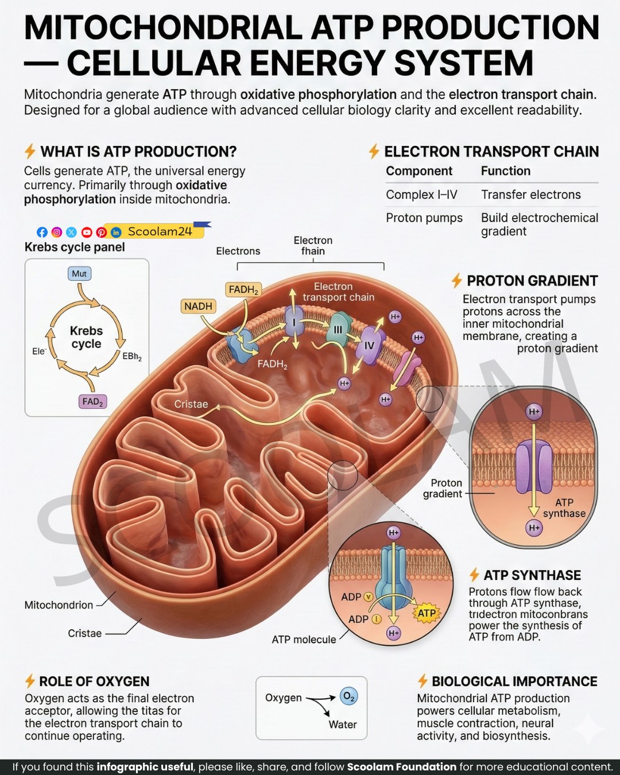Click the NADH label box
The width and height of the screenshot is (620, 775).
(198, 306)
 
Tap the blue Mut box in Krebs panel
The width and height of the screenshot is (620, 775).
(79, 274)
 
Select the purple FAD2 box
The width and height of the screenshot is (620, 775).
(92, 401)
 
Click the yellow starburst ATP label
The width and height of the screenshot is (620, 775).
(427, 613)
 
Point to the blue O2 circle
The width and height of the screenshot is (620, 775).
(348, 696)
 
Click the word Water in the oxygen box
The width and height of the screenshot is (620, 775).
(343, 724)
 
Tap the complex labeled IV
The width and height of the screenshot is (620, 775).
(370, 346)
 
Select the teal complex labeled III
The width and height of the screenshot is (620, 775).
(338, 329)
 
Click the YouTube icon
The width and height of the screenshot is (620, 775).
(87, 232)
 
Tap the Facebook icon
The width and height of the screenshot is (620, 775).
(42, 232)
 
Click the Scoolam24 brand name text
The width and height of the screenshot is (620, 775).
(160, 231)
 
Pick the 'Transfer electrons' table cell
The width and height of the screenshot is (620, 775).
(531, 195)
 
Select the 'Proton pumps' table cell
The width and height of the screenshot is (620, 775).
(424, 218)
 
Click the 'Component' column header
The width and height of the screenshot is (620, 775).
(419, 170)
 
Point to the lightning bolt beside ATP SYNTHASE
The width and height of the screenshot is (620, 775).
(474, 575)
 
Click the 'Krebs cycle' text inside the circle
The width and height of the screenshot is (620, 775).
(86, 337)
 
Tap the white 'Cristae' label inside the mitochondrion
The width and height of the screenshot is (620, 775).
(191, 404)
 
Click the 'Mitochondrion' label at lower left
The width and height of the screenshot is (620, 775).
(59, 604)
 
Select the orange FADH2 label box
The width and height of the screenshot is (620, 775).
(243, 289)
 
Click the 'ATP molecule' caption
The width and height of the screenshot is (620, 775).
(304, 639)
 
